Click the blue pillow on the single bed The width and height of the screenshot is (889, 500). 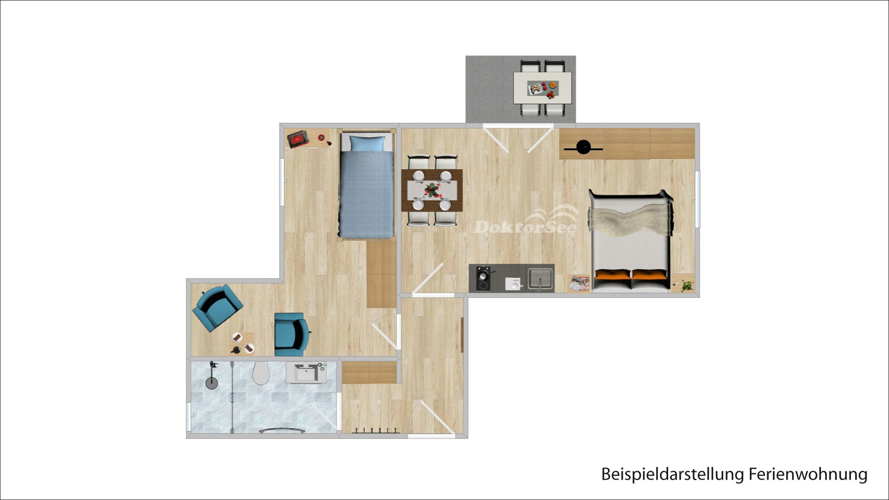click(x=367, y=143)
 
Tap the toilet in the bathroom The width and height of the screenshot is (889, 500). click(x=261, y=373)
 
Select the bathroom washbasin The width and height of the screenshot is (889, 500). click(x=306, y=373)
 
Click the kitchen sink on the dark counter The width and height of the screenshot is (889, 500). click(x=540, y=279)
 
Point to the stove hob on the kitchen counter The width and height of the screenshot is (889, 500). click(x=483, y=279)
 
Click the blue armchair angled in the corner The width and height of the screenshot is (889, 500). click(x=217, y=307)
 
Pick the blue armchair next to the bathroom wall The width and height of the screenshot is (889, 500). click(x=291, y=334)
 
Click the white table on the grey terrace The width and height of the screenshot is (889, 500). click(x=542, y=87)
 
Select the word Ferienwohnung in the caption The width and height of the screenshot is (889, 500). click(x=808, y=475)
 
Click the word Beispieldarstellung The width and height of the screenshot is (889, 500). click(x=673, y=475)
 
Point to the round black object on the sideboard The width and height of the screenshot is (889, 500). click(x=583, y=147)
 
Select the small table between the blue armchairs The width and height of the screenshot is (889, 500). click(x=243, y=343)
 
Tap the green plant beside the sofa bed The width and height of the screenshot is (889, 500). click(x=687, y=286)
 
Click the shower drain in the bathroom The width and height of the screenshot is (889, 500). click(x=212, y=383)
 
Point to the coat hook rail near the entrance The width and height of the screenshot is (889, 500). click(x=376, y=431)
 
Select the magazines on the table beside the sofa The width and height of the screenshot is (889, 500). click(x=579, y=282)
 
